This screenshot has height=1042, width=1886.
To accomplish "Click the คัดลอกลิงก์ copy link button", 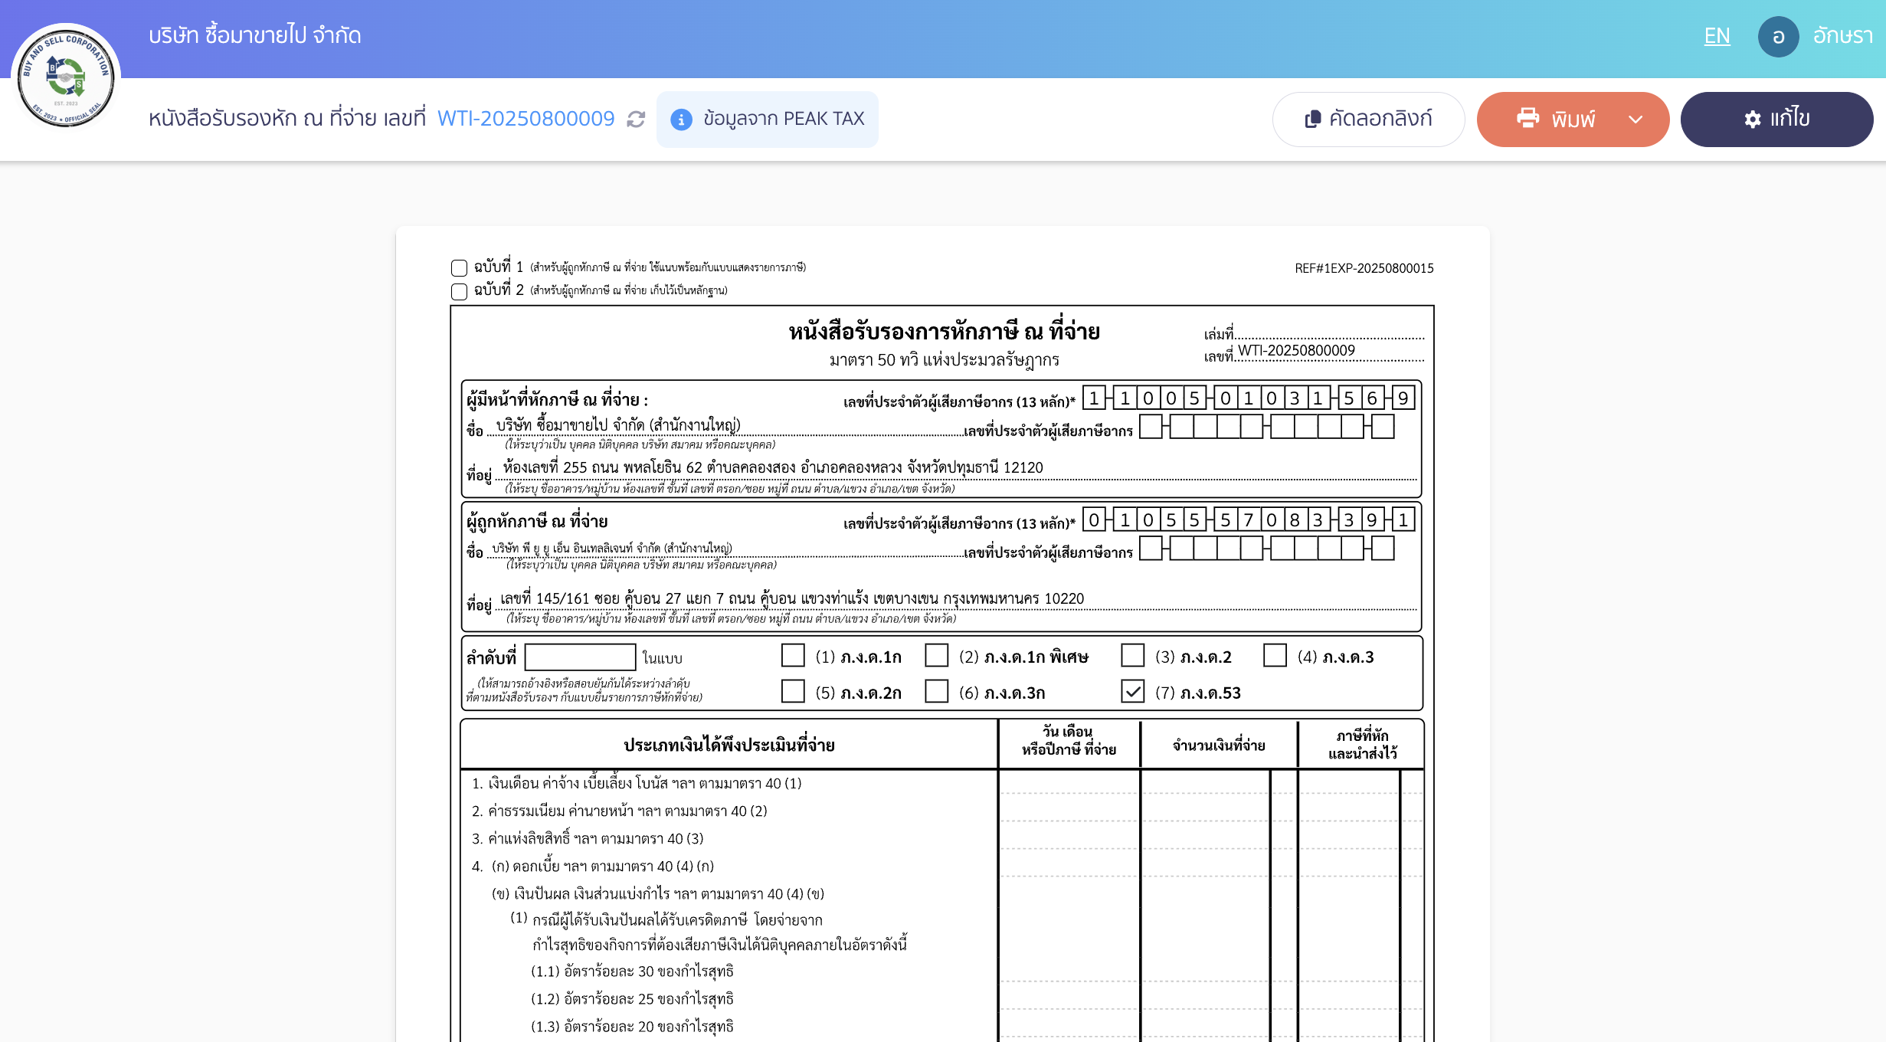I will point(1368,119).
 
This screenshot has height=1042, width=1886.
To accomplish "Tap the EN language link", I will point(1717,36).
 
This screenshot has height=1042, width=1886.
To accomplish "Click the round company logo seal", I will point(66,77).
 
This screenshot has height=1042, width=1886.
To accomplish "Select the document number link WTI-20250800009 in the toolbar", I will point(526,119).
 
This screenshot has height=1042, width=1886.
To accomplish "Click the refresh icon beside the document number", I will point(636,120).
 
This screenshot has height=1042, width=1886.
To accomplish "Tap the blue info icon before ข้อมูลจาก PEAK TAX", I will point(681,120).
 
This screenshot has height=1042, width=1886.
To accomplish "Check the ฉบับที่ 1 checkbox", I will point(460,268).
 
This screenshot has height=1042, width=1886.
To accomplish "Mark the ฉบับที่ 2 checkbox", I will point(460,291).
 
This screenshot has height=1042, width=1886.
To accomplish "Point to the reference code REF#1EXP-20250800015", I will point(1364,268).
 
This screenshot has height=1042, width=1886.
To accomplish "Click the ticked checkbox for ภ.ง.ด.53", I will point(1132,692).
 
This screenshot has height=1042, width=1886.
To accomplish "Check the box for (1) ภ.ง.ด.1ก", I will point(793,656).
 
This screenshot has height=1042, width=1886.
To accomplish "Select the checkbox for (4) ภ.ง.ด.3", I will point(1275,656).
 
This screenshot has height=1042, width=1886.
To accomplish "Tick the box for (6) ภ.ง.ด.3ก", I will point(936,692).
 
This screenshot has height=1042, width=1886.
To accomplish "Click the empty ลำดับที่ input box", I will point(580,657).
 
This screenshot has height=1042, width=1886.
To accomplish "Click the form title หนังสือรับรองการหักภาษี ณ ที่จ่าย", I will point(944,332).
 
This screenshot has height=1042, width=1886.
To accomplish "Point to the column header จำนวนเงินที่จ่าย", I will point(1218,745).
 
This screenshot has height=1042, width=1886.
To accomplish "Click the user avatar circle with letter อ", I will point(1778,37).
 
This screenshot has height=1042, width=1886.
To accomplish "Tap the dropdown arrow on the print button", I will point(1636,119).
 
